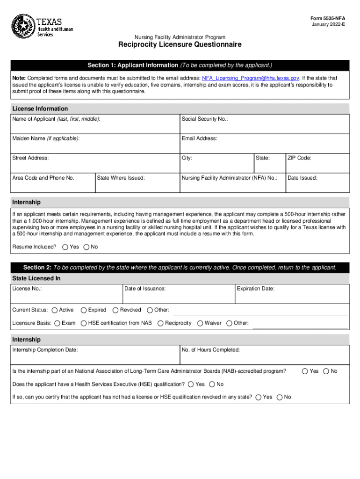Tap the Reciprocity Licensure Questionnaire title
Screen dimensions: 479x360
(180, 45)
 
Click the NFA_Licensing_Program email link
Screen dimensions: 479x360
(250, 78)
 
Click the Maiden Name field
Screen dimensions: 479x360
(95, 144)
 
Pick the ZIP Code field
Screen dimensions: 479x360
(317, 163)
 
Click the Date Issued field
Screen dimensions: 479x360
(317, 183)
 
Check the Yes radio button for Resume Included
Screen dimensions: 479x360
(65, 247)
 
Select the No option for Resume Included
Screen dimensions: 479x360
(86, 247)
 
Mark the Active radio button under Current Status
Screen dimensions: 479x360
(55, 310)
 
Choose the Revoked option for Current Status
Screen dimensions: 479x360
(115, 310)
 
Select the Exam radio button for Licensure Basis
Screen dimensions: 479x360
(57, 323)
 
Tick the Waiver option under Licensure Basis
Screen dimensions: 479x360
(200, 323)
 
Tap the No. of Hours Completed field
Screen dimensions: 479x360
(264, 355)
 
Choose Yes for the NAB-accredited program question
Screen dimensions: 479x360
(305, 371)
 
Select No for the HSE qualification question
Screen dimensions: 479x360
(212, 385)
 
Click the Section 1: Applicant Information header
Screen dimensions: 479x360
(180, 65)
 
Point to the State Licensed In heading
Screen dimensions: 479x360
(36, 278)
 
